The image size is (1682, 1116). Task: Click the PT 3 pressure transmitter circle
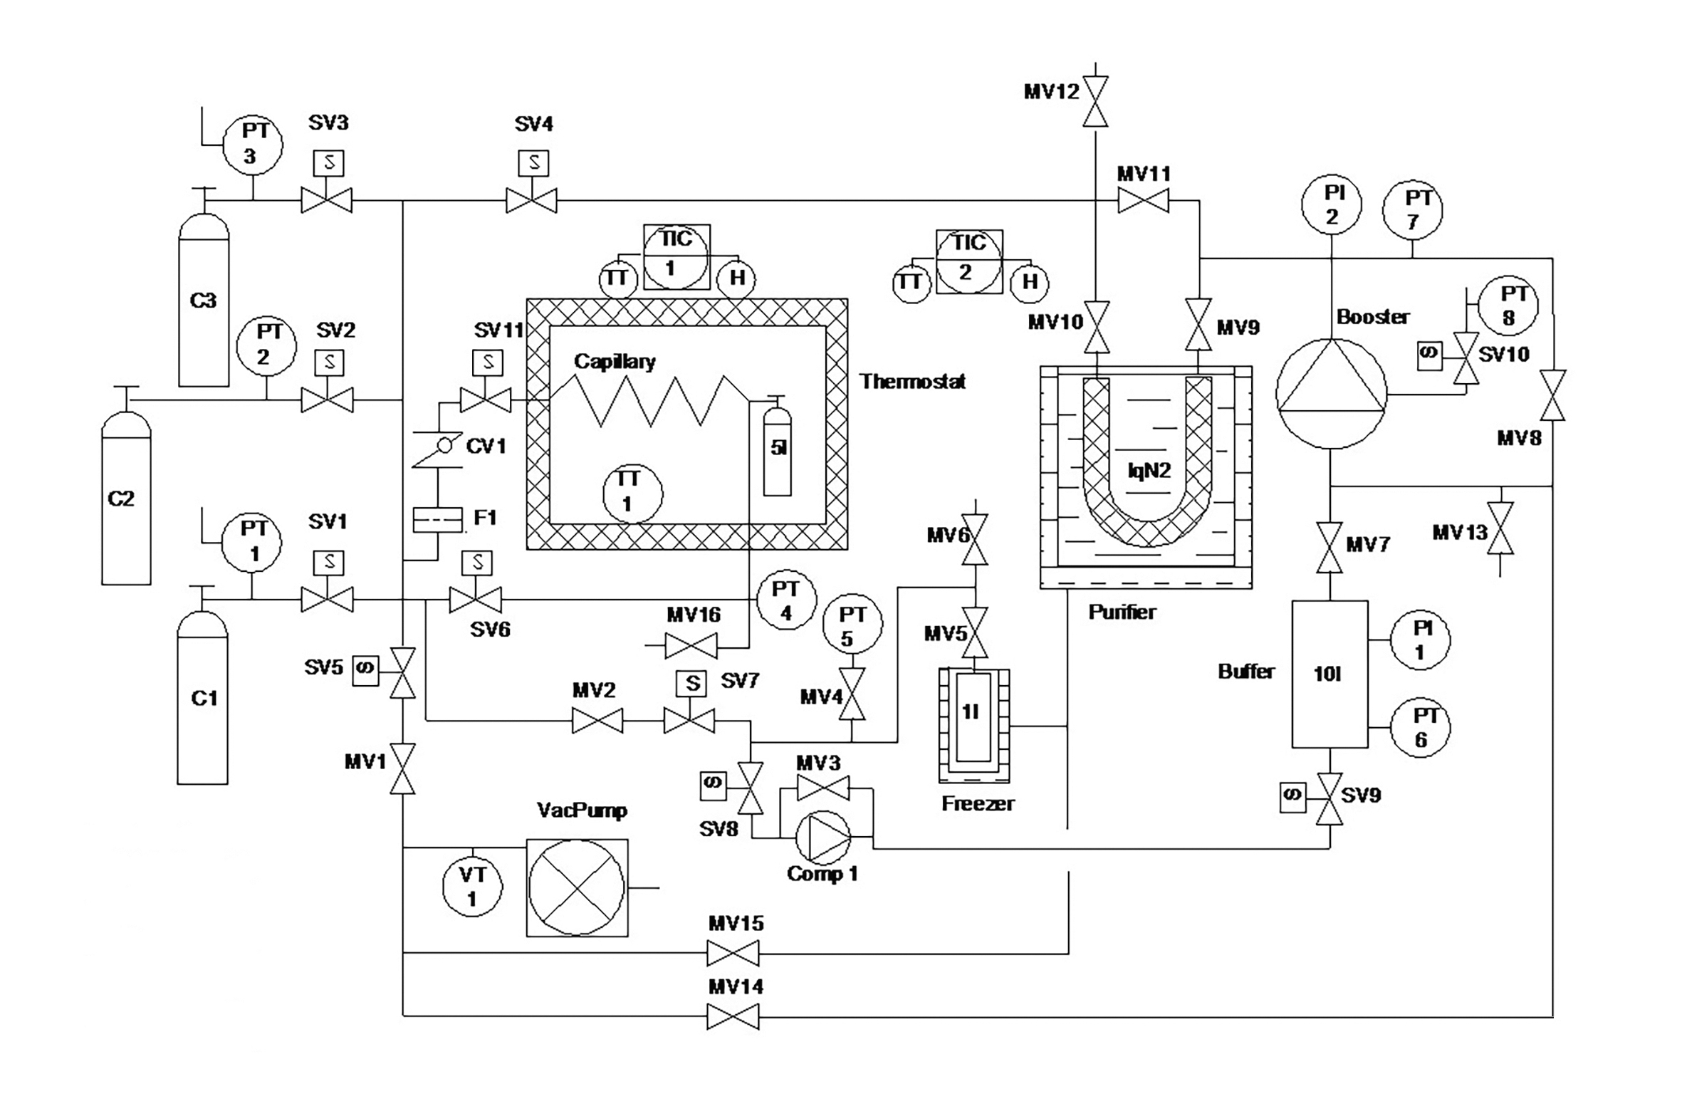[x=252, y=145]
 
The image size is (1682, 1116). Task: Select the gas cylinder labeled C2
[x=126, y=499]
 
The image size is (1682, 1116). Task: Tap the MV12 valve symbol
[x=1095, y=101]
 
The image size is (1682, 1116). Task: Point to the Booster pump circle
[x=1331, y=393]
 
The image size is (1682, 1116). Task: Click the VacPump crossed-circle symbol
[x=577, y=887]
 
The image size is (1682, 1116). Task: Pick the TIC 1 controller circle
[x=676, y=256]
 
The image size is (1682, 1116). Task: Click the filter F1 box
[x=437, y=519]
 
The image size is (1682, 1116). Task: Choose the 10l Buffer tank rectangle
[x=1330, y=674]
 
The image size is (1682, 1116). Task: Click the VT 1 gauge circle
[x=472, y=886]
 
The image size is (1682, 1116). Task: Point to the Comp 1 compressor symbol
[x=822, y=836]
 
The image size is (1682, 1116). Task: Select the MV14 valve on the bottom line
[x=733, y=1016]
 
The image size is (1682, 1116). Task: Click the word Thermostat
[x=912, y=382]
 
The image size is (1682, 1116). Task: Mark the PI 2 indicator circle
[x=1331, y=204]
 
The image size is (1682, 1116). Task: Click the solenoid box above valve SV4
[x=533, y=163]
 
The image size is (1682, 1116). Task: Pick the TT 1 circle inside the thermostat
[x=632, y=492]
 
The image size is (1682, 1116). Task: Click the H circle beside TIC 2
[x=1030, y=282]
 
